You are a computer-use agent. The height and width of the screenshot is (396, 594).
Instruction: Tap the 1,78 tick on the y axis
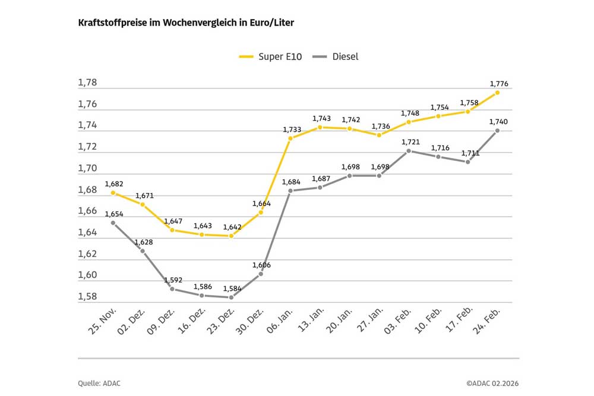[87, 83]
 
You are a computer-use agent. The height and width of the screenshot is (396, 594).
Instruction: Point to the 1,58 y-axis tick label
[87, 296]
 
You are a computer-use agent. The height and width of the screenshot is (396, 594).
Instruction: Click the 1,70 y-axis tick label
[87, 168]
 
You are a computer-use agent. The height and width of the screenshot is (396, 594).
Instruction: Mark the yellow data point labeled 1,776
[497, 93]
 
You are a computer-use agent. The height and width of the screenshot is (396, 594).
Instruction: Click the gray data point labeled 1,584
[231, 297]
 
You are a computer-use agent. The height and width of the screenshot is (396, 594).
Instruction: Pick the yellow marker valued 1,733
[290, 138]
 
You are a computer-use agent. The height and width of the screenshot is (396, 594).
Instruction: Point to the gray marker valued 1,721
[409, 151]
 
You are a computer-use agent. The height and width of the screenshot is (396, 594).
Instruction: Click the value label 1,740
[498, 122]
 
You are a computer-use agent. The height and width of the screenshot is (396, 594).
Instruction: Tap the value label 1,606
[261, 265]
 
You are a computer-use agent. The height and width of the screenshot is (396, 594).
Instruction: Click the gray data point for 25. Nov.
[113, 223]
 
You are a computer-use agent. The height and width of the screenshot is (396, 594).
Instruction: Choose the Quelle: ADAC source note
[98, 383]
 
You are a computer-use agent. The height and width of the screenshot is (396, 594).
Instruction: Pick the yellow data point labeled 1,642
[231, 236]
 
